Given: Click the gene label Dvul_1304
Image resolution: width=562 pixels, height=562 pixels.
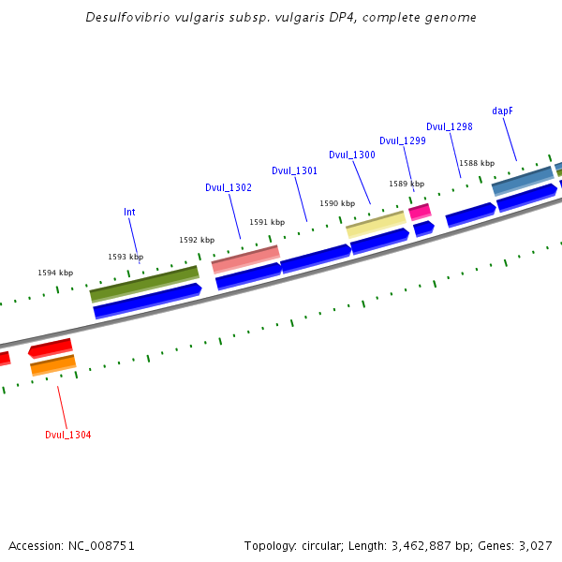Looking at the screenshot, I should (x=67, y=435).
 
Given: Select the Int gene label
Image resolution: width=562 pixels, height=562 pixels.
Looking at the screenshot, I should (x=129, y=212).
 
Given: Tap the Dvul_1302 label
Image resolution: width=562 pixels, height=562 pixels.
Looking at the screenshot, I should (x=229, y=187).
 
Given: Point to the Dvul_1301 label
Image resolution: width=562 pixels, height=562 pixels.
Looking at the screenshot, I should (x=294, y=170).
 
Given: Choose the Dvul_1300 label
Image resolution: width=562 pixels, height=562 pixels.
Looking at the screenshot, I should (x=351, y=155).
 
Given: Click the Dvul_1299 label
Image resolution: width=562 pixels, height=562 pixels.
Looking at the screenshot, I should (x=403, y=140).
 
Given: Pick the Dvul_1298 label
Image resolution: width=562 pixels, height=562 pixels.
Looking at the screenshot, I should (x=449, y=126).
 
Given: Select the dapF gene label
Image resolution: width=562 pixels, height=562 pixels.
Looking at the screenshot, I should (x=502, y=111).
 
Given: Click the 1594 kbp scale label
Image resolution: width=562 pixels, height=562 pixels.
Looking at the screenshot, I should (x=55, y=273).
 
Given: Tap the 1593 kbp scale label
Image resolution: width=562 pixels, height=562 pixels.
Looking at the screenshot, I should (x=126, y=257).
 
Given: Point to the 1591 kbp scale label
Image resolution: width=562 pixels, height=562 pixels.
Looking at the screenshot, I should (x=267, y=222).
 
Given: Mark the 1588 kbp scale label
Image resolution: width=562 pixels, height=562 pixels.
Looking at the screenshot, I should (x=476, y=163).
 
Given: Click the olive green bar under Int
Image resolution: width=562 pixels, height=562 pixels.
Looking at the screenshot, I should (x=144, y=284).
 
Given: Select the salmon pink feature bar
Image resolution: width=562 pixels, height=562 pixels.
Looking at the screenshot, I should (x=245, y=258).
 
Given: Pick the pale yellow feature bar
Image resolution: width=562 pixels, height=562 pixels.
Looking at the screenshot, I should (x=376, y=224).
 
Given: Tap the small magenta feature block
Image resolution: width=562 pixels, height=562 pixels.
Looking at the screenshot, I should (x=420, y=212).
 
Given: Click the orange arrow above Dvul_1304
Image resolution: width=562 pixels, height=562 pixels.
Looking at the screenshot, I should (x=52, y=364).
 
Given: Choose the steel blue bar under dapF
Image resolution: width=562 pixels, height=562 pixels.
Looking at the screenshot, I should (x=523, y=181).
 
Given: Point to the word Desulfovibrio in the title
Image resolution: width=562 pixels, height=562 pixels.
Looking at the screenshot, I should (x=126, y=18).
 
